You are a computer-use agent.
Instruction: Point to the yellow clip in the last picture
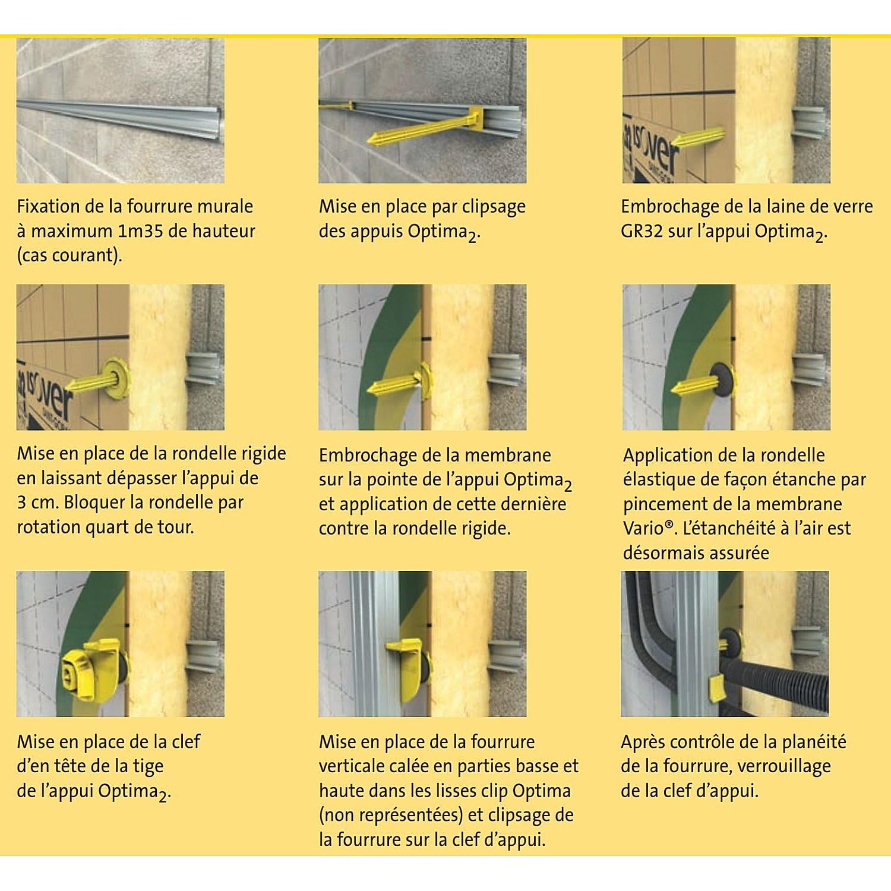720,688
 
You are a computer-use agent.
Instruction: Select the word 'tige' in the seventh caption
147,766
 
